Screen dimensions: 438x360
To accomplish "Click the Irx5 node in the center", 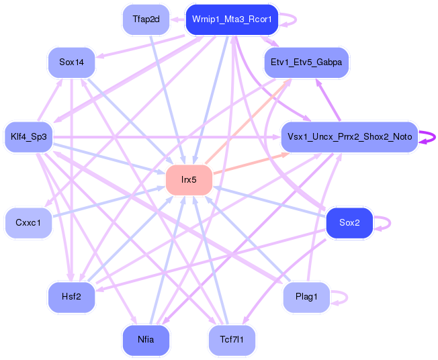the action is [x=189, y=179].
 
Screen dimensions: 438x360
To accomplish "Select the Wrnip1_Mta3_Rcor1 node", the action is [x=232, y=19].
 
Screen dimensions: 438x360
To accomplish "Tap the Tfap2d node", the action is [x=146, y=19].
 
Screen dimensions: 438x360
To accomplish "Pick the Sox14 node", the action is [x=71, y=62].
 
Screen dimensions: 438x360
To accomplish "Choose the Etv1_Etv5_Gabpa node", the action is [x=306, y=62].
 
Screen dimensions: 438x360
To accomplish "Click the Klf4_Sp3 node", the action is [x=29, y=137].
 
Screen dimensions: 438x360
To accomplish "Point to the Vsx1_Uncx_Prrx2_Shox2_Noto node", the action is [x=349, y=137].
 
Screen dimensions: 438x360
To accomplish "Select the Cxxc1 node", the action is [x=28, y=222].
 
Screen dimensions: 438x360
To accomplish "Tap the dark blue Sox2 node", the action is [x=349, y=222].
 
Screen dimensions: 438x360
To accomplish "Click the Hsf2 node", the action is [x=71, y=297].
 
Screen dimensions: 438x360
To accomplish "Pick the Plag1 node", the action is [x=306, y=297].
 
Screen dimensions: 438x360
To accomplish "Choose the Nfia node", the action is [x=146, y=340].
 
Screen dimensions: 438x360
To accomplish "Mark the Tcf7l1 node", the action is [x=232, y=340].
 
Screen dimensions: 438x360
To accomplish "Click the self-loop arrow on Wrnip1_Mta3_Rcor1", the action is [x=296, y=19].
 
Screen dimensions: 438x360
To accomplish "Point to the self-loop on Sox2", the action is [x=390, y=222].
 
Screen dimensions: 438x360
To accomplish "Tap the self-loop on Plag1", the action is [x=347, y=297].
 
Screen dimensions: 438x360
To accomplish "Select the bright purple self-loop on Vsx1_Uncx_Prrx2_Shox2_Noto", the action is [x=435, y=138].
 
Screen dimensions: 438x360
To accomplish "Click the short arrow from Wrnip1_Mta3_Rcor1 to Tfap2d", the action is [x=177, y=19].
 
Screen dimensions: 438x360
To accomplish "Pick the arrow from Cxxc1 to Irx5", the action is [x=109, y=201].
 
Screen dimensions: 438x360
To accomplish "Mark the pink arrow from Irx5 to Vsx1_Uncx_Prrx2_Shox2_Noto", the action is [x=251, y=163].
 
